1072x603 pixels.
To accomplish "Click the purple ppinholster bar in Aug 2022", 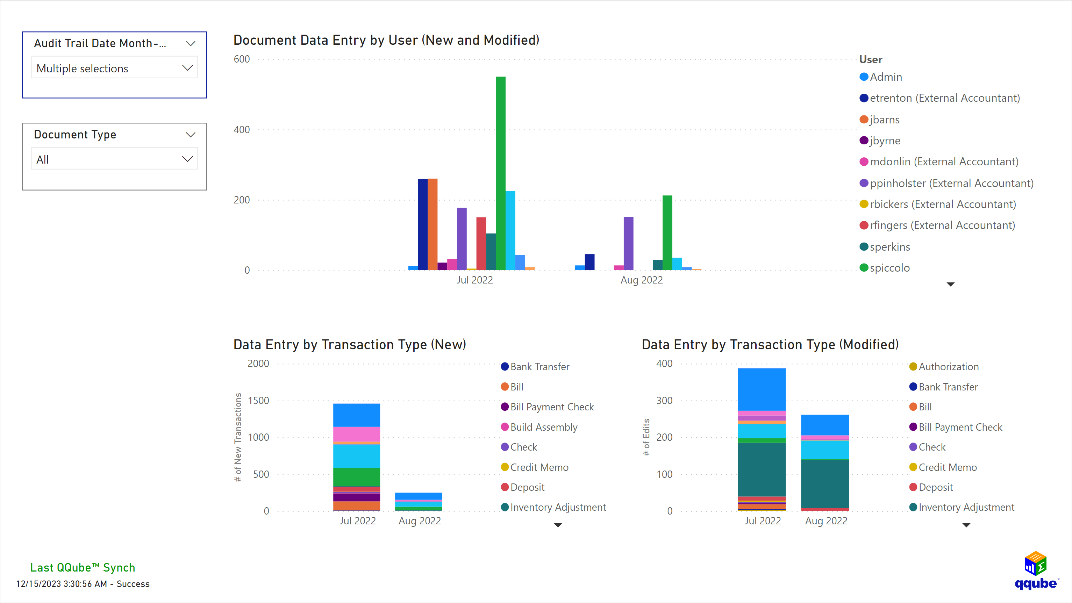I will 628,243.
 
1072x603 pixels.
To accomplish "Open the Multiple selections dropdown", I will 114,68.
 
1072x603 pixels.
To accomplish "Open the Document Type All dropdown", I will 114,159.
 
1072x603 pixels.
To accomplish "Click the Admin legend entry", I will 885,77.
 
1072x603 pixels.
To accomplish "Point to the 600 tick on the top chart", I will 242,59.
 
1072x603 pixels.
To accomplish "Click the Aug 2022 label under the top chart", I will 641,280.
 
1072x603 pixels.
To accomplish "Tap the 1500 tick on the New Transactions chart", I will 258,400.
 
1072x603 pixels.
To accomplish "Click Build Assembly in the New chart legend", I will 543,427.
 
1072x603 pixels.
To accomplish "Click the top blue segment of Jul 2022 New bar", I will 356,415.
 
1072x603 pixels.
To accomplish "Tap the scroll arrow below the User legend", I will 950,284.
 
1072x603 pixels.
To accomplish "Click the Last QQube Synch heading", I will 83,568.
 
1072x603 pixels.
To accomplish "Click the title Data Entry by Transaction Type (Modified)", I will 770,345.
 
